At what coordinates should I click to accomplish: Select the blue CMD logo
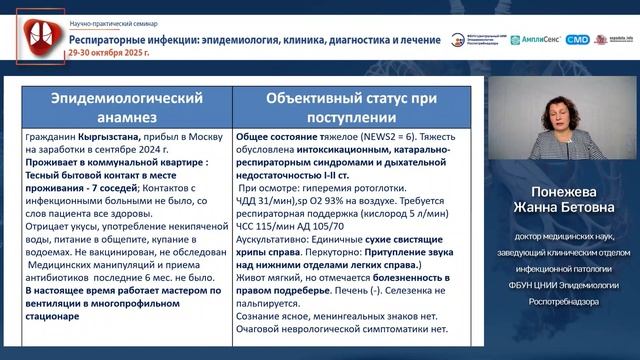pos(577,40)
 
